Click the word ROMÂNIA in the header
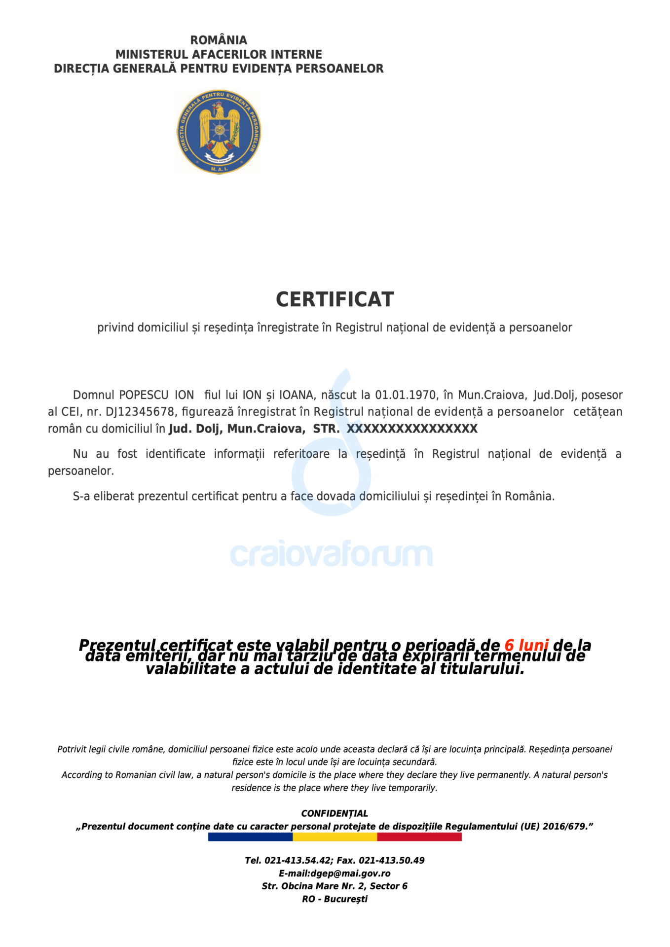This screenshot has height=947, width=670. point(219,40)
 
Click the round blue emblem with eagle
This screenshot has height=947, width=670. point(219,132)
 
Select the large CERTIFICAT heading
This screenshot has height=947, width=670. point(335,299)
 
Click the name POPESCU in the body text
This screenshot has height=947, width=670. point(144,395)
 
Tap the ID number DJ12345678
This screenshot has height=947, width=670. point(140,412)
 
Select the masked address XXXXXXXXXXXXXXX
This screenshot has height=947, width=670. point(412,429)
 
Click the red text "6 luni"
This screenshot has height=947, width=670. point(526,645)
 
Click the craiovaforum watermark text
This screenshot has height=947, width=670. point(331,554)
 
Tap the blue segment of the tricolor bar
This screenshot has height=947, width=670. point(250,837)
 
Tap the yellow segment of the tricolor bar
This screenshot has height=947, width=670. point(335,837)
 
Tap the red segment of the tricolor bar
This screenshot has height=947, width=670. point(419,837)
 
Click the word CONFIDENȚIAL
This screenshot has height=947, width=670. point(335,813)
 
